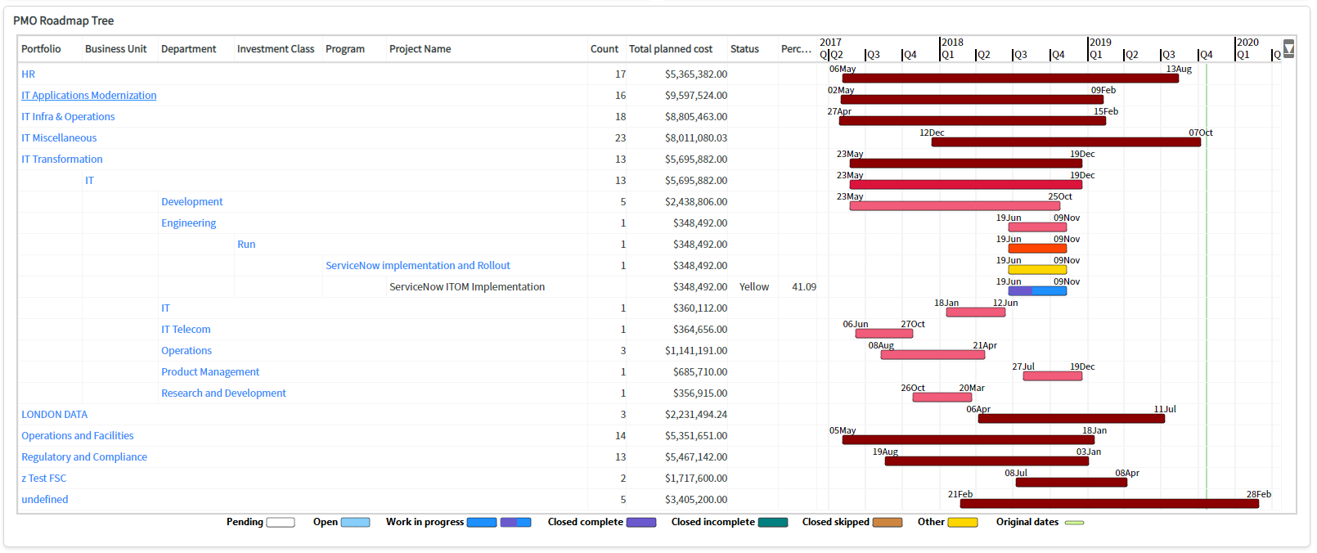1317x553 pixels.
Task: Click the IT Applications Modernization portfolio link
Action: (x=88, y=96)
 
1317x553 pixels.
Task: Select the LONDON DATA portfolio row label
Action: (x=54, y=415)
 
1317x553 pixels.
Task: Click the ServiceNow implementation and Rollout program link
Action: (x=417, y=266)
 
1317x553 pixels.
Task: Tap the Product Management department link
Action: (x=209, y=372)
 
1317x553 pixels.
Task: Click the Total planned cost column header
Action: (x=670, y=49)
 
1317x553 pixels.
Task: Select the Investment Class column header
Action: (x=275, y=49)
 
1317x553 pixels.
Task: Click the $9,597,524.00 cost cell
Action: (x=695, y=96)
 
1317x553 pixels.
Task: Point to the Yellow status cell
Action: (x=753, y=287)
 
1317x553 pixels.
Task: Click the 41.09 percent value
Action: (x=803, y=287)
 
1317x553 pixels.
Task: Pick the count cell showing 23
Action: (x=620, y=138)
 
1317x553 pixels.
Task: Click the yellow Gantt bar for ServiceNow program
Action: (x=1036, y=269)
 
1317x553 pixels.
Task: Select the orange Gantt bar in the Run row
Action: (x=1036, y=248)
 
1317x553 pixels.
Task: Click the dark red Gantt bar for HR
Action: (x=1010, y=79)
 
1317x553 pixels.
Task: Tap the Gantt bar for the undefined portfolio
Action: (x=1108, y=504)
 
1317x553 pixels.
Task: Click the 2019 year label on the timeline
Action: (x=1100, y=43)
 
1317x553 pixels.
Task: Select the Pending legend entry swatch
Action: (x=281, y=522)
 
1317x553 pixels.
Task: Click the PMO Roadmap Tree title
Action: (x=63, y=20)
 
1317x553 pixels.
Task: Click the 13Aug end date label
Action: (x=1178, y=69)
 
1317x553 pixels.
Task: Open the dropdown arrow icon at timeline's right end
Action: (x=1288, y=49)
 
